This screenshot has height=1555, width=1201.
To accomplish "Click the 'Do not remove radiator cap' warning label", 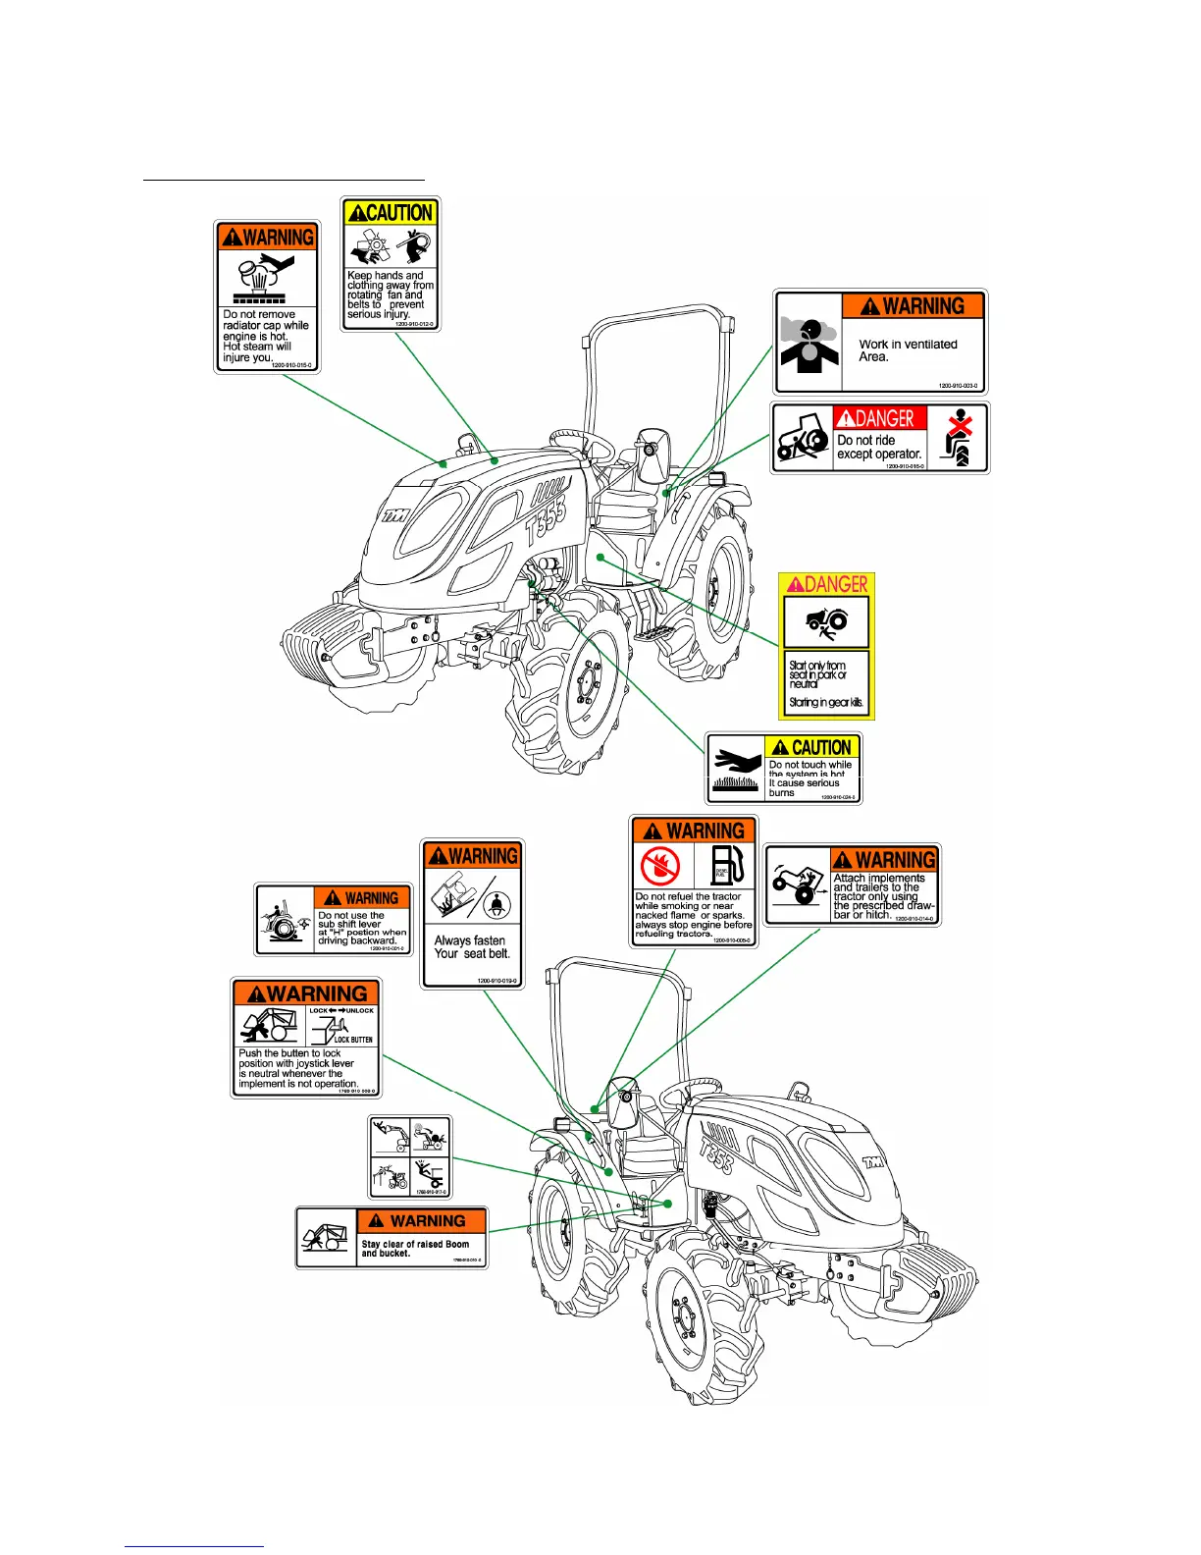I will click(267, 296).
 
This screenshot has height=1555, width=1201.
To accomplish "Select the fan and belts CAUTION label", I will click(391, 264).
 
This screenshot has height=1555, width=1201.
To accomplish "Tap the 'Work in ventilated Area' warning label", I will click(880, 342).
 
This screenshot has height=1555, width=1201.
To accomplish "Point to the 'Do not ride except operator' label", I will click(879, 438).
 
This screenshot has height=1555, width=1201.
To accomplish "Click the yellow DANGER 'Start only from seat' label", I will click(826, 647).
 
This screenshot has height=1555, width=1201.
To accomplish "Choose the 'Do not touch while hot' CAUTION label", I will click(783, 769).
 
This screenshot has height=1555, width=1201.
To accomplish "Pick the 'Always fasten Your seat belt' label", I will click(472, 913).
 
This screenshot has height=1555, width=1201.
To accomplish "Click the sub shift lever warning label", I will click(333, 919).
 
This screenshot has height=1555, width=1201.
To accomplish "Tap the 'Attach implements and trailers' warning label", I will click(852, 885).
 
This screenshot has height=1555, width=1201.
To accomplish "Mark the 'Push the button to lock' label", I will click(306, 1037).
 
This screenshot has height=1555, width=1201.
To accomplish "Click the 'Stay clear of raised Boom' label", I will click(392, 1238).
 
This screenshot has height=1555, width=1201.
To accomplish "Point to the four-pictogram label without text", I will click(409, 1156).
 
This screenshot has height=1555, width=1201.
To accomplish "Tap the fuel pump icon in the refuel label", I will click(727, 865).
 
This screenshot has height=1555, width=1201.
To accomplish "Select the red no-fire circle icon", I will click(660, 866).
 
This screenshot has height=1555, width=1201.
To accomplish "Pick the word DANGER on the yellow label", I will click(835, 585).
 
